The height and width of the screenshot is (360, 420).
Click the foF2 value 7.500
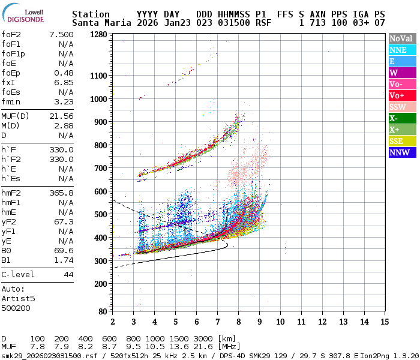(x=61, y=35)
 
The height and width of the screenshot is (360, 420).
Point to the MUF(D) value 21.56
(x=61, y=116)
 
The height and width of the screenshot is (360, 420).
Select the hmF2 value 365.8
(x=61, y=193)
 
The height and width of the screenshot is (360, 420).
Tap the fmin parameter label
(x=11, y=101)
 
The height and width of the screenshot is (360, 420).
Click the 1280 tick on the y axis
(x=98, y=35)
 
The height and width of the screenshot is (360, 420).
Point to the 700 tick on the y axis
(x=101, y=168)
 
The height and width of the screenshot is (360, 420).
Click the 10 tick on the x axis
(x=280, y=322)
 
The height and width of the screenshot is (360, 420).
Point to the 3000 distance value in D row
(x=205, y=339)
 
